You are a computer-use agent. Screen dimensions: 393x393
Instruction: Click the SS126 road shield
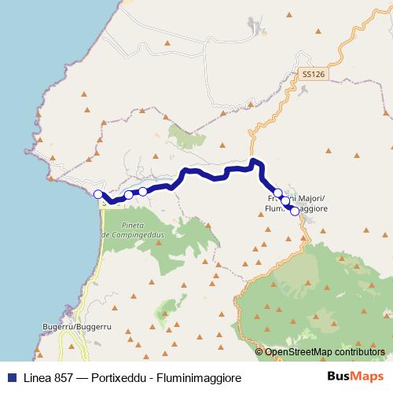pos(312,73)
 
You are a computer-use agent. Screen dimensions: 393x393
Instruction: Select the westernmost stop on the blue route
pos(98,194)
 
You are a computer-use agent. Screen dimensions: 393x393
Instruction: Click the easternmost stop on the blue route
pos(295,211)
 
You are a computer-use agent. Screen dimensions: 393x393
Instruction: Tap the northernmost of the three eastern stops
pos(277,193)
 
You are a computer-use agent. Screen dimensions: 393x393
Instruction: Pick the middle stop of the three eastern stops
pos(286,202)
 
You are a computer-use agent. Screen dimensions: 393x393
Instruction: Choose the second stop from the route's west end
pos(128,194)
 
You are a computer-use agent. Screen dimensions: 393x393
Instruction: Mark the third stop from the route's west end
pos(142,191)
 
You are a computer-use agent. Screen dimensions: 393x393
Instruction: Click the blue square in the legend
pos(10,378)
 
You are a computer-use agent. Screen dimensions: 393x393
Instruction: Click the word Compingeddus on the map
pos(132,235)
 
